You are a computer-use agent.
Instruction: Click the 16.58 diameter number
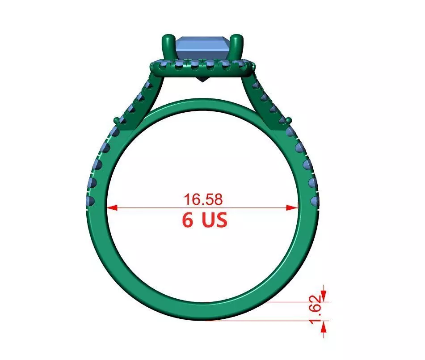tap(202, 199)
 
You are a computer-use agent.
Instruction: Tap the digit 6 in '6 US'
tap(189, 220)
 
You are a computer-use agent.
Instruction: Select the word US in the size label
tap(214, 220)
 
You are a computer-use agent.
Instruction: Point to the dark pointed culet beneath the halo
tap(203, 81)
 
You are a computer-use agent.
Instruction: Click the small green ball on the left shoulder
tap(117, 120)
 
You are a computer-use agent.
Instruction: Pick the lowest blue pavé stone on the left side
tap(90, 200)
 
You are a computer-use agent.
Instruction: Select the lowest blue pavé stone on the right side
tap(315, 200)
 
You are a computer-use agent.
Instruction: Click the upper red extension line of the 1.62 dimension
tap(295, 301)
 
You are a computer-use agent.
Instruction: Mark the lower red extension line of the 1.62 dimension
tap(268, 320)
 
